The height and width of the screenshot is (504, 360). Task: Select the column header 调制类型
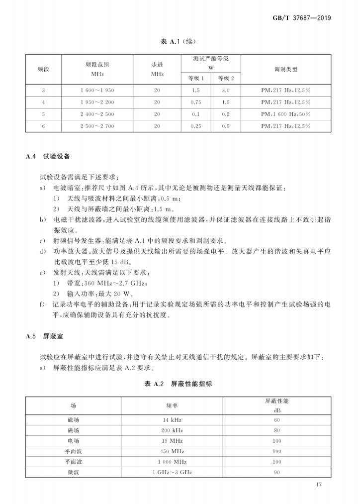(285, 69)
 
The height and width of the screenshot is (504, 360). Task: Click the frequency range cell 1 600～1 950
(97, 91)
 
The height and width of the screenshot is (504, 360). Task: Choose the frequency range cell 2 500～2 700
(97, 126)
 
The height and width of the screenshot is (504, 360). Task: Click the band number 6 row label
(44, 126)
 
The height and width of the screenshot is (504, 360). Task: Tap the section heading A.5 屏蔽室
(44, 337)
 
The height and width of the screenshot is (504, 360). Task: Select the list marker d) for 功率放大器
(43, 252)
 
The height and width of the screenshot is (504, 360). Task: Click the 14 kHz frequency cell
(172, 420)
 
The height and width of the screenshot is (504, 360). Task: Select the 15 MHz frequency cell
(172, 441)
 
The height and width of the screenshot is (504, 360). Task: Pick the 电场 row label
(73, 441)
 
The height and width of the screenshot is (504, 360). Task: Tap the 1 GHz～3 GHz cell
(172, 472)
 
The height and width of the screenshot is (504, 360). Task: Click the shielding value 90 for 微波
(277, 472)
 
